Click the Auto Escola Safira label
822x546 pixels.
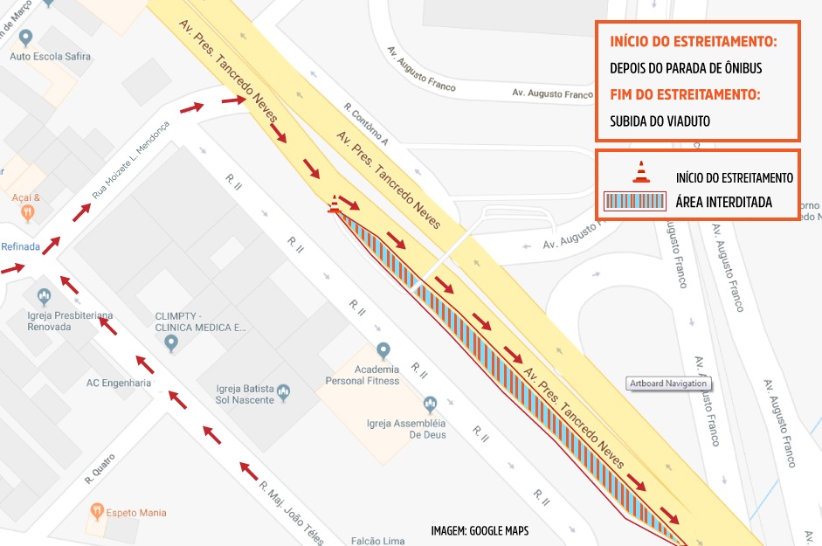(50, 57)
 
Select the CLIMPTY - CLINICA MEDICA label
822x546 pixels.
(201, 322)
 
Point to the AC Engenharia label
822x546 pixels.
(119, 383)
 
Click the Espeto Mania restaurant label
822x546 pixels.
(135, 513)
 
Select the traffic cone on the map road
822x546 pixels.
(333, 205)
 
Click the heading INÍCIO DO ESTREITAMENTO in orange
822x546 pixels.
(693, 42)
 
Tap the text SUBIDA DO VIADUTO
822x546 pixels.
(660, 121)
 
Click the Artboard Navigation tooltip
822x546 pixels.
(668, 384)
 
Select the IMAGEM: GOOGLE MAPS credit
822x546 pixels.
(480, 530)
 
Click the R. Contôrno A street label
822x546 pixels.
(366, 123)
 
